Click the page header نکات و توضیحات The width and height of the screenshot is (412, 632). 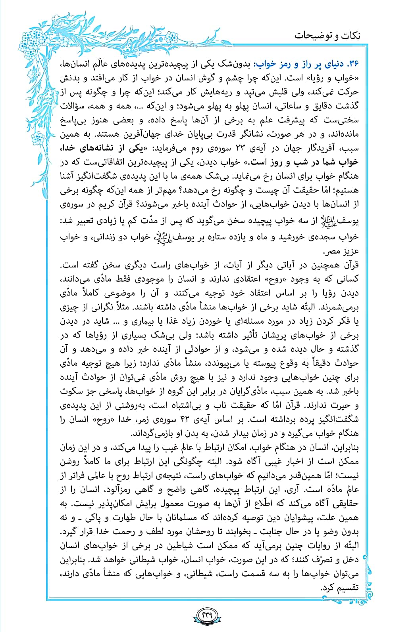point(327,35)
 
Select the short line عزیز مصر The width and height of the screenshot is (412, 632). point(343,251)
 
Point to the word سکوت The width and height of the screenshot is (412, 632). point(76,391)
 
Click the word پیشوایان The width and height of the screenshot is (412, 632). point(308,517)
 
